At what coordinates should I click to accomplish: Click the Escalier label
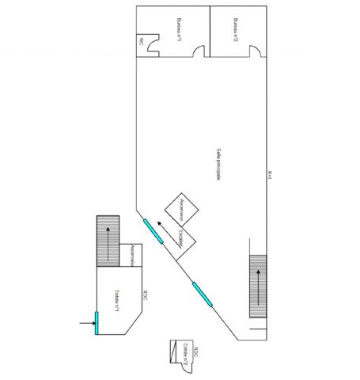pos(181,237)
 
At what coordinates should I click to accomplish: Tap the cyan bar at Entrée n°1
pos(97,322)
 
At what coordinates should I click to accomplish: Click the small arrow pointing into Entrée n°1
pos(85,323)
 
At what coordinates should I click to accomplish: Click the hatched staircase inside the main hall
pos(258,286)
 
